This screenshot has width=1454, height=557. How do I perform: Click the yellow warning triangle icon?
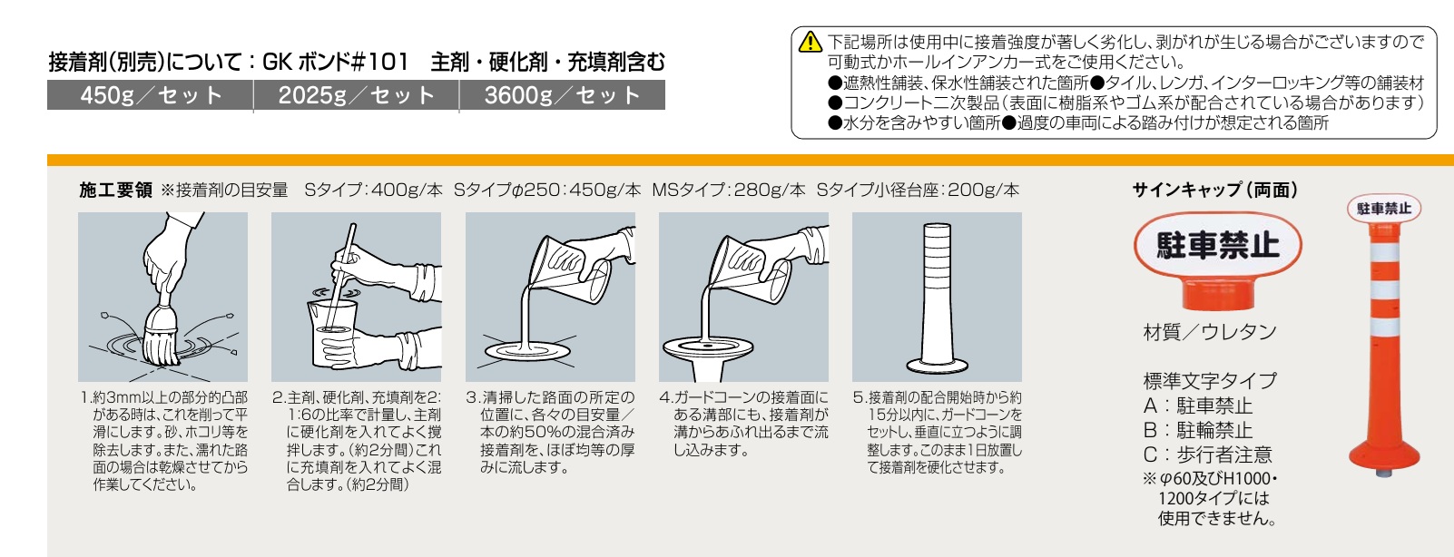click(x=811, y=42)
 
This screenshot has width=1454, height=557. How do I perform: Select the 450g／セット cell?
click(x=150, y=95)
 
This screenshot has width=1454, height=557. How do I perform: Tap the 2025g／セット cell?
click(x=357, y=95)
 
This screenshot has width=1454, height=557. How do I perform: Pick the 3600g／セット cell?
click(x=562, y=95)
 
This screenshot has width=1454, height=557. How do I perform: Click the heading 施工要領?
click(x=115, y=190)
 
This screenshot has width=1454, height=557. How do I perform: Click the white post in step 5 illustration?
click(x=937, y=298)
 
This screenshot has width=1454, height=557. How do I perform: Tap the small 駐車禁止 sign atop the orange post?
click(x=1384, y=208)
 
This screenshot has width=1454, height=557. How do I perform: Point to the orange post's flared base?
click(x=1384, y=454)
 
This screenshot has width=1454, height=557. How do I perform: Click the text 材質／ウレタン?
click(x=1210, y=332)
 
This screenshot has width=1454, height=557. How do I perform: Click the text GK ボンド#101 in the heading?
click(x=335, y=63)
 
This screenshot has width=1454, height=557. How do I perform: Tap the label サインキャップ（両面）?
click(x=1215, y=190)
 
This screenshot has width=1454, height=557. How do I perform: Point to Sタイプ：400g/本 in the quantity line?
click(x=374, y=190)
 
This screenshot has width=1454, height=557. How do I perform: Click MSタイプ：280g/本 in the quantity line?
click(x=729, y=190)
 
